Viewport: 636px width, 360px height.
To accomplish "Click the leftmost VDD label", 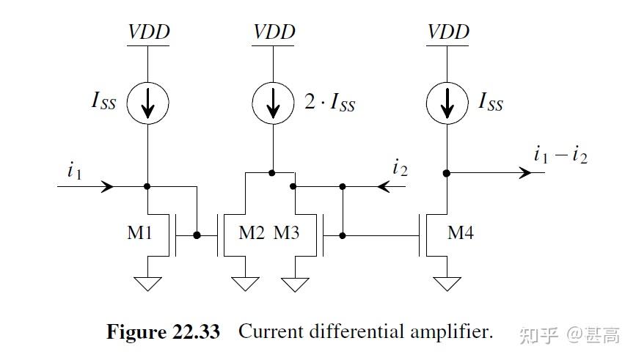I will [x=149, y=32].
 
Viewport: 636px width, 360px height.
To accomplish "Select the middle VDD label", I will [x=274, y=32].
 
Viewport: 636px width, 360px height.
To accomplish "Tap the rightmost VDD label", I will [x=448, y=32].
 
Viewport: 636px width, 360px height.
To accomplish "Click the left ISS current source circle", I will [x=148, y=104].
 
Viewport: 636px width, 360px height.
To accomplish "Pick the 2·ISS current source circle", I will [x=273, y=104].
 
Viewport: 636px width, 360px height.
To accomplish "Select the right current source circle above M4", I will [x=447, y=104].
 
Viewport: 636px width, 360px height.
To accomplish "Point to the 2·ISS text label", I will [x=329, y=103].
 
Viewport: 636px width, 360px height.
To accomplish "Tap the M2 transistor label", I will [x=252, y=233].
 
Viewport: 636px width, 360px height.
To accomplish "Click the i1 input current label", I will [x=73, y=171].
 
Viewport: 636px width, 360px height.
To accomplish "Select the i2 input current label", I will [x=400, y=168].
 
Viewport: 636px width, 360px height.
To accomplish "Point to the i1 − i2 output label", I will [x=560, y=155].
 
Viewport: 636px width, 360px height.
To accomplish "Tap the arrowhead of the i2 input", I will [x=384, y=186].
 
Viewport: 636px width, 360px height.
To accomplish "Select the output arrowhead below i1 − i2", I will [x=524, y=173].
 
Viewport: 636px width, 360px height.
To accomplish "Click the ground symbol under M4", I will [x=447, y=283].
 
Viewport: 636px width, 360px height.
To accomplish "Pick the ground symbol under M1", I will [x=148, y=283].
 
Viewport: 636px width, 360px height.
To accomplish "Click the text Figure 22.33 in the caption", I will [x=163, y=332].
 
